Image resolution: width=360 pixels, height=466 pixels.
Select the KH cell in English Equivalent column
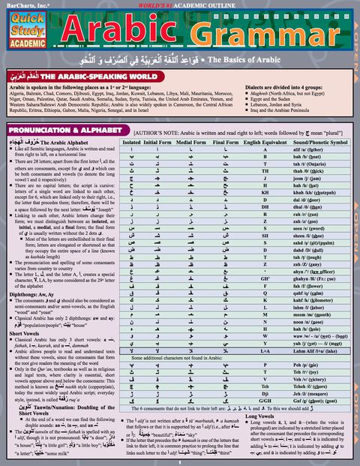265,193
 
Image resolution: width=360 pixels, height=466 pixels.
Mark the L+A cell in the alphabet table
265,350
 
